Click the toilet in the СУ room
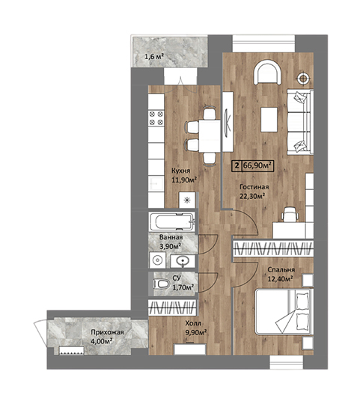tap(162, 284)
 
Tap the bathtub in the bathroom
tap(172, 221)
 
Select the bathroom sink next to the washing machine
tap(183, 260)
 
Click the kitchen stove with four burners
tap(156, 118)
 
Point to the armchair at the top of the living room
tap(267, 73)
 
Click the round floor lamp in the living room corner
tap(303, 78)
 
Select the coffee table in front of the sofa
tap(269, 120)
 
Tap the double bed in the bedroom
tap(284, 312)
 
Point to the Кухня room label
tap(181, 171)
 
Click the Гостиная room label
tap(254, 187)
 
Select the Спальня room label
tap(281, 270)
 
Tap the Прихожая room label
tap(107, 332)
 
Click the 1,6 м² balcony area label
tap(154, 56)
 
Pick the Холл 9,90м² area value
tap(196, 333)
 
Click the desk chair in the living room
tap(290, 215)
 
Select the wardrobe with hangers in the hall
tap(172, 307)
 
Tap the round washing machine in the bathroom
tap(157, 260)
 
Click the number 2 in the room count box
tap(237, 165)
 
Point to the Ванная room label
tap(171, 237)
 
